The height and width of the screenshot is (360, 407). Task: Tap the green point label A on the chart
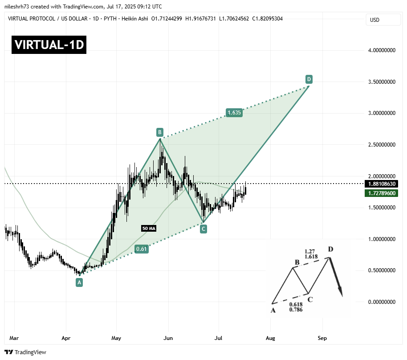pos(79,282)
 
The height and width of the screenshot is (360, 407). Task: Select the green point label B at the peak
pos(159,132)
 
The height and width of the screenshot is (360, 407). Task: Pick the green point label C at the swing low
pos(203,229)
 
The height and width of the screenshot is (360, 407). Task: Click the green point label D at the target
pos(309,79)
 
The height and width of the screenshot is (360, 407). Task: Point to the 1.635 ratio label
pos(234,113)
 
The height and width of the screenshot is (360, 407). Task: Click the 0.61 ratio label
pos(142,249)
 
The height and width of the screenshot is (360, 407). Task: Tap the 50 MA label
pos(149,228)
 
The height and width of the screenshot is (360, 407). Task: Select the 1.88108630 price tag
pos(381,184)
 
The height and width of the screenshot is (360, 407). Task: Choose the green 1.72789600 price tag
pos(381,193)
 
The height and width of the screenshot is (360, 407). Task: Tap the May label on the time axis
pos(116,338)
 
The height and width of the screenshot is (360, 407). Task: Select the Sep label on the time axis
pos(322,338)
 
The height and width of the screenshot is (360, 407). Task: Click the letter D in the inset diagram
pos(330,249)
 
